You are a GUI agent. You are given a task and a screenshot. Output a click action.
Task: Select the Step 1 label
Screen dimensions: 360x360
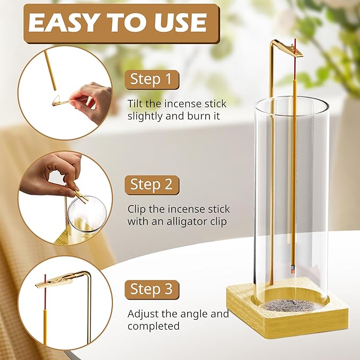(152, 80)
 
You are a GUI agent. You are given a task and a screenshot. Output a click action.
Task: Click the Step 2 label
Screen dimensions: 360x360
(152, 185)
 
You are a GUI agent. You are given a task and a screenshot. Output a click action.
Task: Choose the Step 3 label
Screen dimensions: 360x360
(152, 289)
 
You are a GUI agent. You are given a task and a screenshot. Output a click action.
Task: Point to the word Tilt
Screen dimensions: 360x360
(135, 103)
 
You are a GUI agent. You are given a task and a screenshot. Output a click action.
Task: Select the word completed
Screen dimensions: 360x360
(154, 326)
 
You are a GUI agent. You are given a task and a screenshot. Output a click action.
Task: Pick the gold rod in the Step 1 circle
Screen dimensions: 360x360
(50, 71)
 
